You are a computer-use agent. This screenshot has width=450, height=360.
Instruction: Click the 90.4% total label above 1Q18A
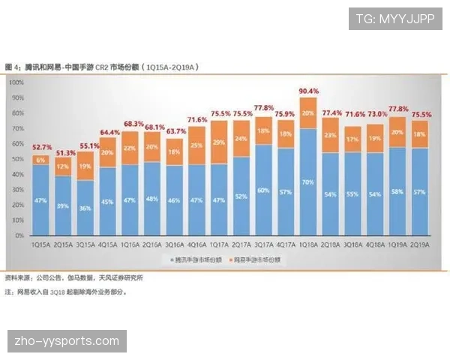[x=308, y=91]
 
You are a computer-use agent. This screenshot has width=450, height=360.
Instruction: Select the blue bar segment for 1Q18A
[x=308, y=181]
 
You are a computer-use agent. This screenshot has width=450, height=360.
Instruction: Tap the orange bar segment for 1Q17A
[x=219, y=142]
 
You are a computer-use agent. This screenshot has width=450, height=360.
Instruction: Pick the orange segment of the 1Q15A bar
[x=41, y=160]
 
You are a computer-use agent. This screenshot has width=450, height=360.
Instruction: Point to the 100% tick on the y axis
[x=17, y=82]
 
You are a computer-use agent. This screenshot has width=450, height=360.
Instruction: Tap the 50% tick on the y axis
[x=17, y=159]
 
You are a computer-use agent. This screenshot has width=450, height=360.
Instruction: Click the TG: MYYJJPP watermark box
[x=395, y=19]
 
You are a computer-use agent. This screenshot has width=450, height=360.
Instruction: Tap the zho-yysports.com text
[x=67, y=341]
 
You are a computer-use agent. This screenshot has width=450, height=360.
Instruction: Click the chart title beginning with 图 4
[x=101, y=67]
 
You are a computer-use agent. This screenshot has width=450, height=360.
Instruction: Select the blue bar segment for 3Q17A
[x=264, y=190]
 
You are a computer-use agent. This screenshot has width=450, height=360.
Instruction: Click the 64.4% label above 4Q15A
[x=108, y=132]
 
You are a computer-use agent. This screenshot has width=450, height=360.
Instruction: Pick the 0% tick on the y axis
[x=19, y=235]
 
